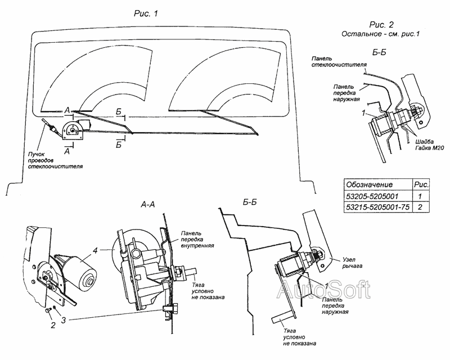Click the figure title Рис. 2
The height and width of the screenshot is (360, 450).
(x=381, y=24)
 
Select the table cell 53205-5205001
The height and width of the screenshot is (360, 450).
(x=373, y=196)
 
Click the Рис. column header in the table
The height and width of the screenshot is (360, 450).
(x=421, y=184)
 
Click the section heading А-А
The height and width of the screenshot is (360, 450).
(x=148, y=206)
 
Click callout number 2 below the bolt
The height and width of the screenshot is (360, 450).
(x=52, y=326)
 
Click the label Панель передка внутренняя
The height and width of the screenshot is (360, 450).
(x=196, y=240)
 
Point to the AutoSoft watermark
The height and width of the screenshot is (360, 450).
(x=324, y=290)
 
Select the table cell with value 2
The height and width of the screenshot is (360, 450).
(x=421, y=208)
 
